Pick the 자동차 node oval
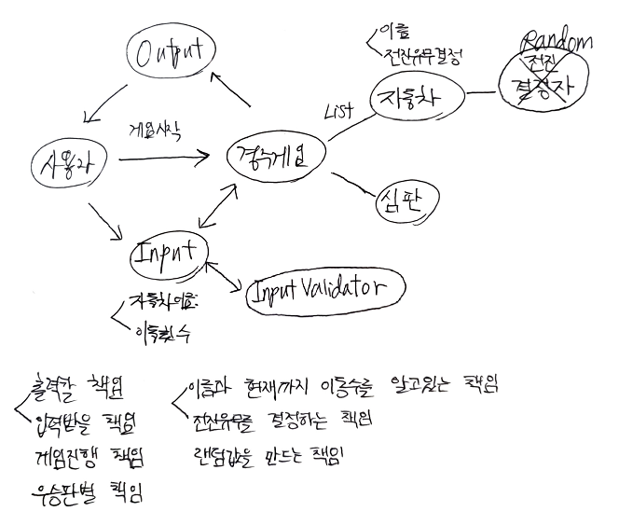pos(415,98)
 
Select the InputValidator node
pos(325,289)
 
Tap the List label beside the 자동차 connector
pos(338,112)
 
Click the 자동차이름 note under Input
pos(164,302)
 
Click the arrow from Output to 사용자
pos(108,104)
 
